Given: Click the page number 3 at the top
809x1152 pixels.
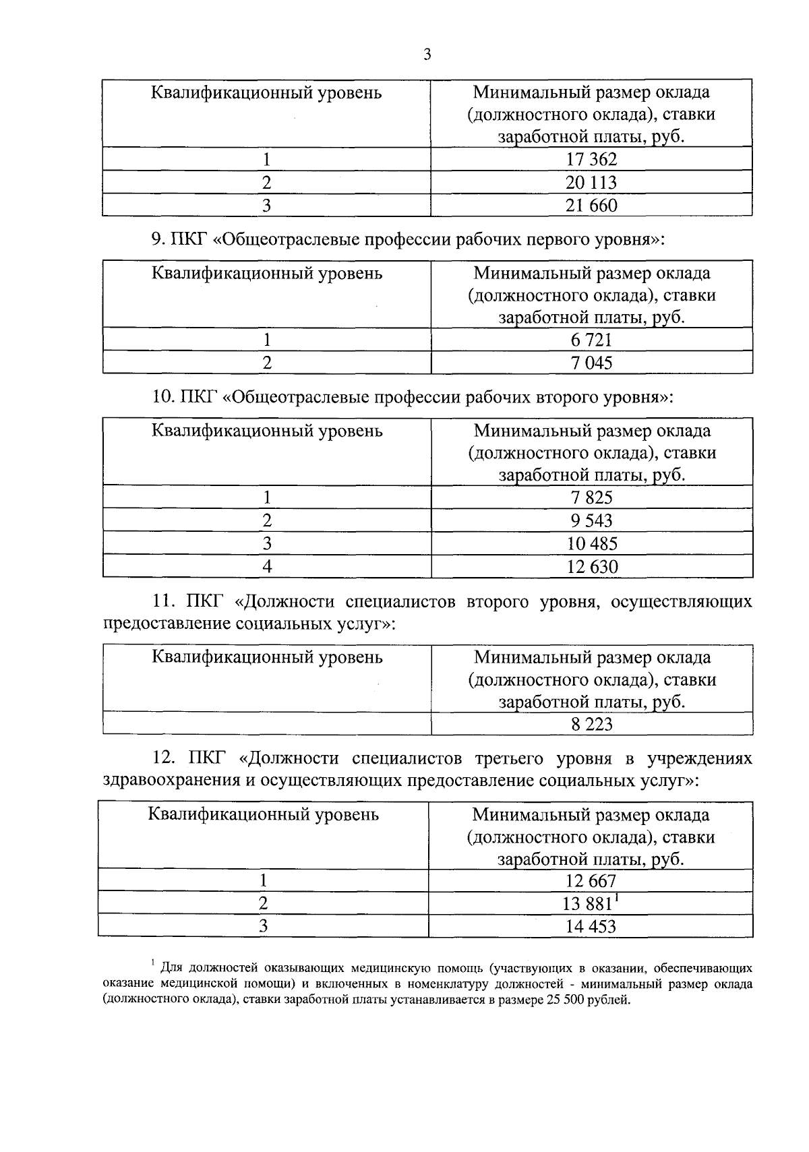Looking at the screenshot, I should pos(427,55).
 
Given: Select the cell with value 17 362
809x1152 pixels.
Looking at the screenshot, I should pos(591,160).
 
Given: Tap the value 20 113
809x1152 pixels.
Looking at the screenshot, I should pos(591,183).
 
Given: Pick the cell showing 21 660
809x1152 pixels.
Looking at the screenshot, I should pos(591,206).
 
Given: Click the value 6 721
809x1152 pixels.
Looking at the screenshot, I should pos(591,340).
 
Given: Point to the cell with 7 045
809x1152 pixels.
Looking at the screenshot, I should pos(591,363).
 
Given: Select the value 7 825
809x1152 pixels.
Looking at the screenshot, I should pos(591,497).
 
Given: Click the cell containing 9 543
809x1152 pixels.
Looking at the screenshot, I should pos(591,520).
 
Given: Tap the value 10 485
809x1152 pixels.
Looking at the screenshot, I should pos(591,543).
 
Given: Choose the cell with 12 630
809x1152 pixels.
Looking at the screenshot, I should pos(591,566).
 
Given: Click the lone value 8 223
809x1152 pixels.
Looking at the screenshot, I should pos(591,725).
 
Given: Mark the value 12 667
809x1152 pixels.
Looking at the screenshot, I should pos(591,881).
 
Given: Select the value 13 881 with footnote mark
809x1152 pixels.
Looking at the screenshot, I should pos(591,903).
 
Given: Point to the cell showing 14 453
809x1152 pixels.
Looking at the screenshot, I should pos(591,926).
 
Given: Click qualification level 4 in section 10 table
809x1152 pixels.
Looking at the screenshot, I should pos(267,566).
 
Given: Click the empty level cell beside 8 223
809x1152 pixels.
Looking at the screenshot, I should pos(267,725).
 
